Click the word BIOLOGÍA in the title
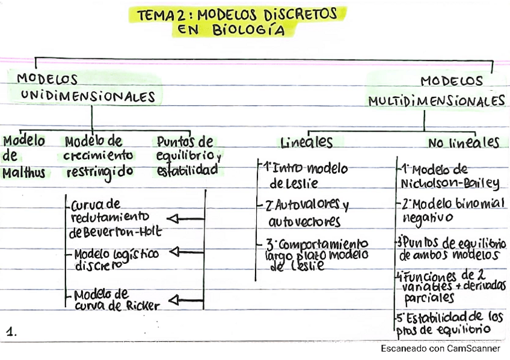coord(250,31)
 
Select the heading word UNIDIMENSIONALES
coord(88,96)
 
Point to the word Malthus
coord(23,173)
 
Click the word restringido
coord(100,172)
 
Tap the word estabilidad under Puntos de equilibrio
coord(188,171)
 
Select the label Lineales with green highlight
coord(307,142)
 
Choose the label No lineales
coord(464,143)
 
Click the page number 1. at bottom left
coord(12,331)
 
